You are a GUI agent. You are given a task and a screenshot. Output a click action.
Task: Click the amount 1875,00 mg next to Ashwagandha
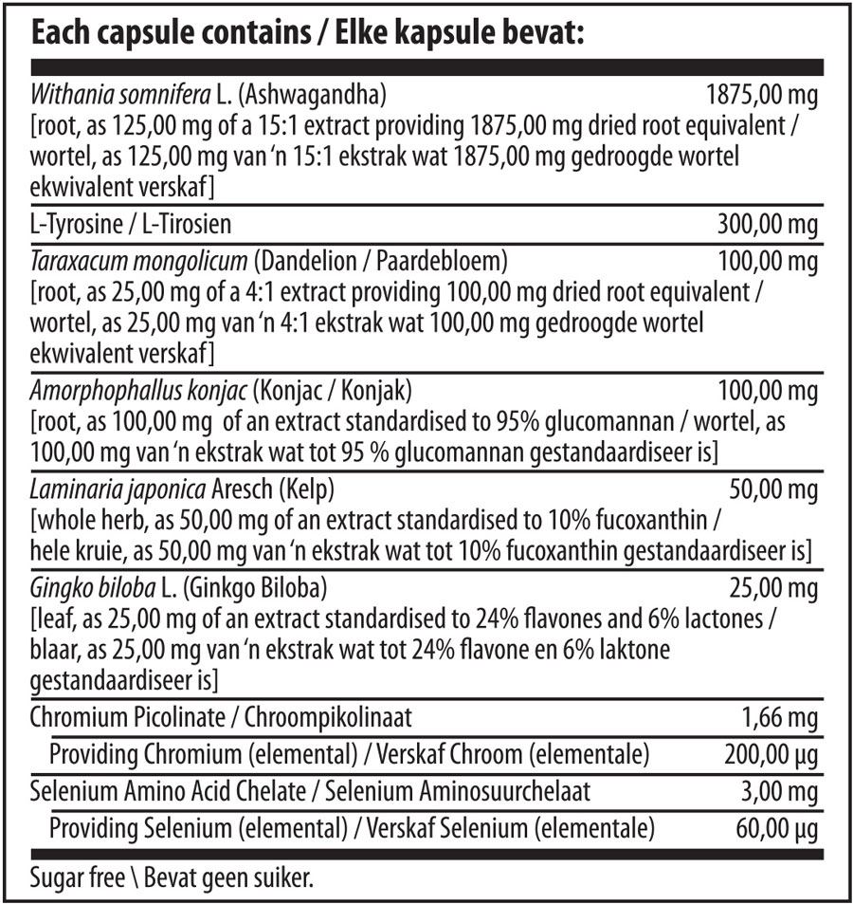tap(762, 96)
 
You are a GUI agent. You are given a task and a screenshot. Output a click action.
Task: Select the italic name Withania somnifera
tap(118, 96)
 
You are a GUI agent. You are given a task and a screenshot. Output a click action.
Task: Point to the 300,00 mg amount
tap(769, 226)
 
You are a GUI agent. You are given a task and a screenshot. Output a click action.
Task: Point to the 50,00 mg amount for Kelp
tap(773, 489)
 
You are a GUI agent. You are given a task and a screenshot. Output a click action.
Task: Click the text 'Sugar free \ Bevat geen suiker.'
tap(172, 878)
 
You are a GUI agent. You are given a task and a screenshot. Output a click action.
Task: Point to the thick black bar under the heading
tap(426, 68)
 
